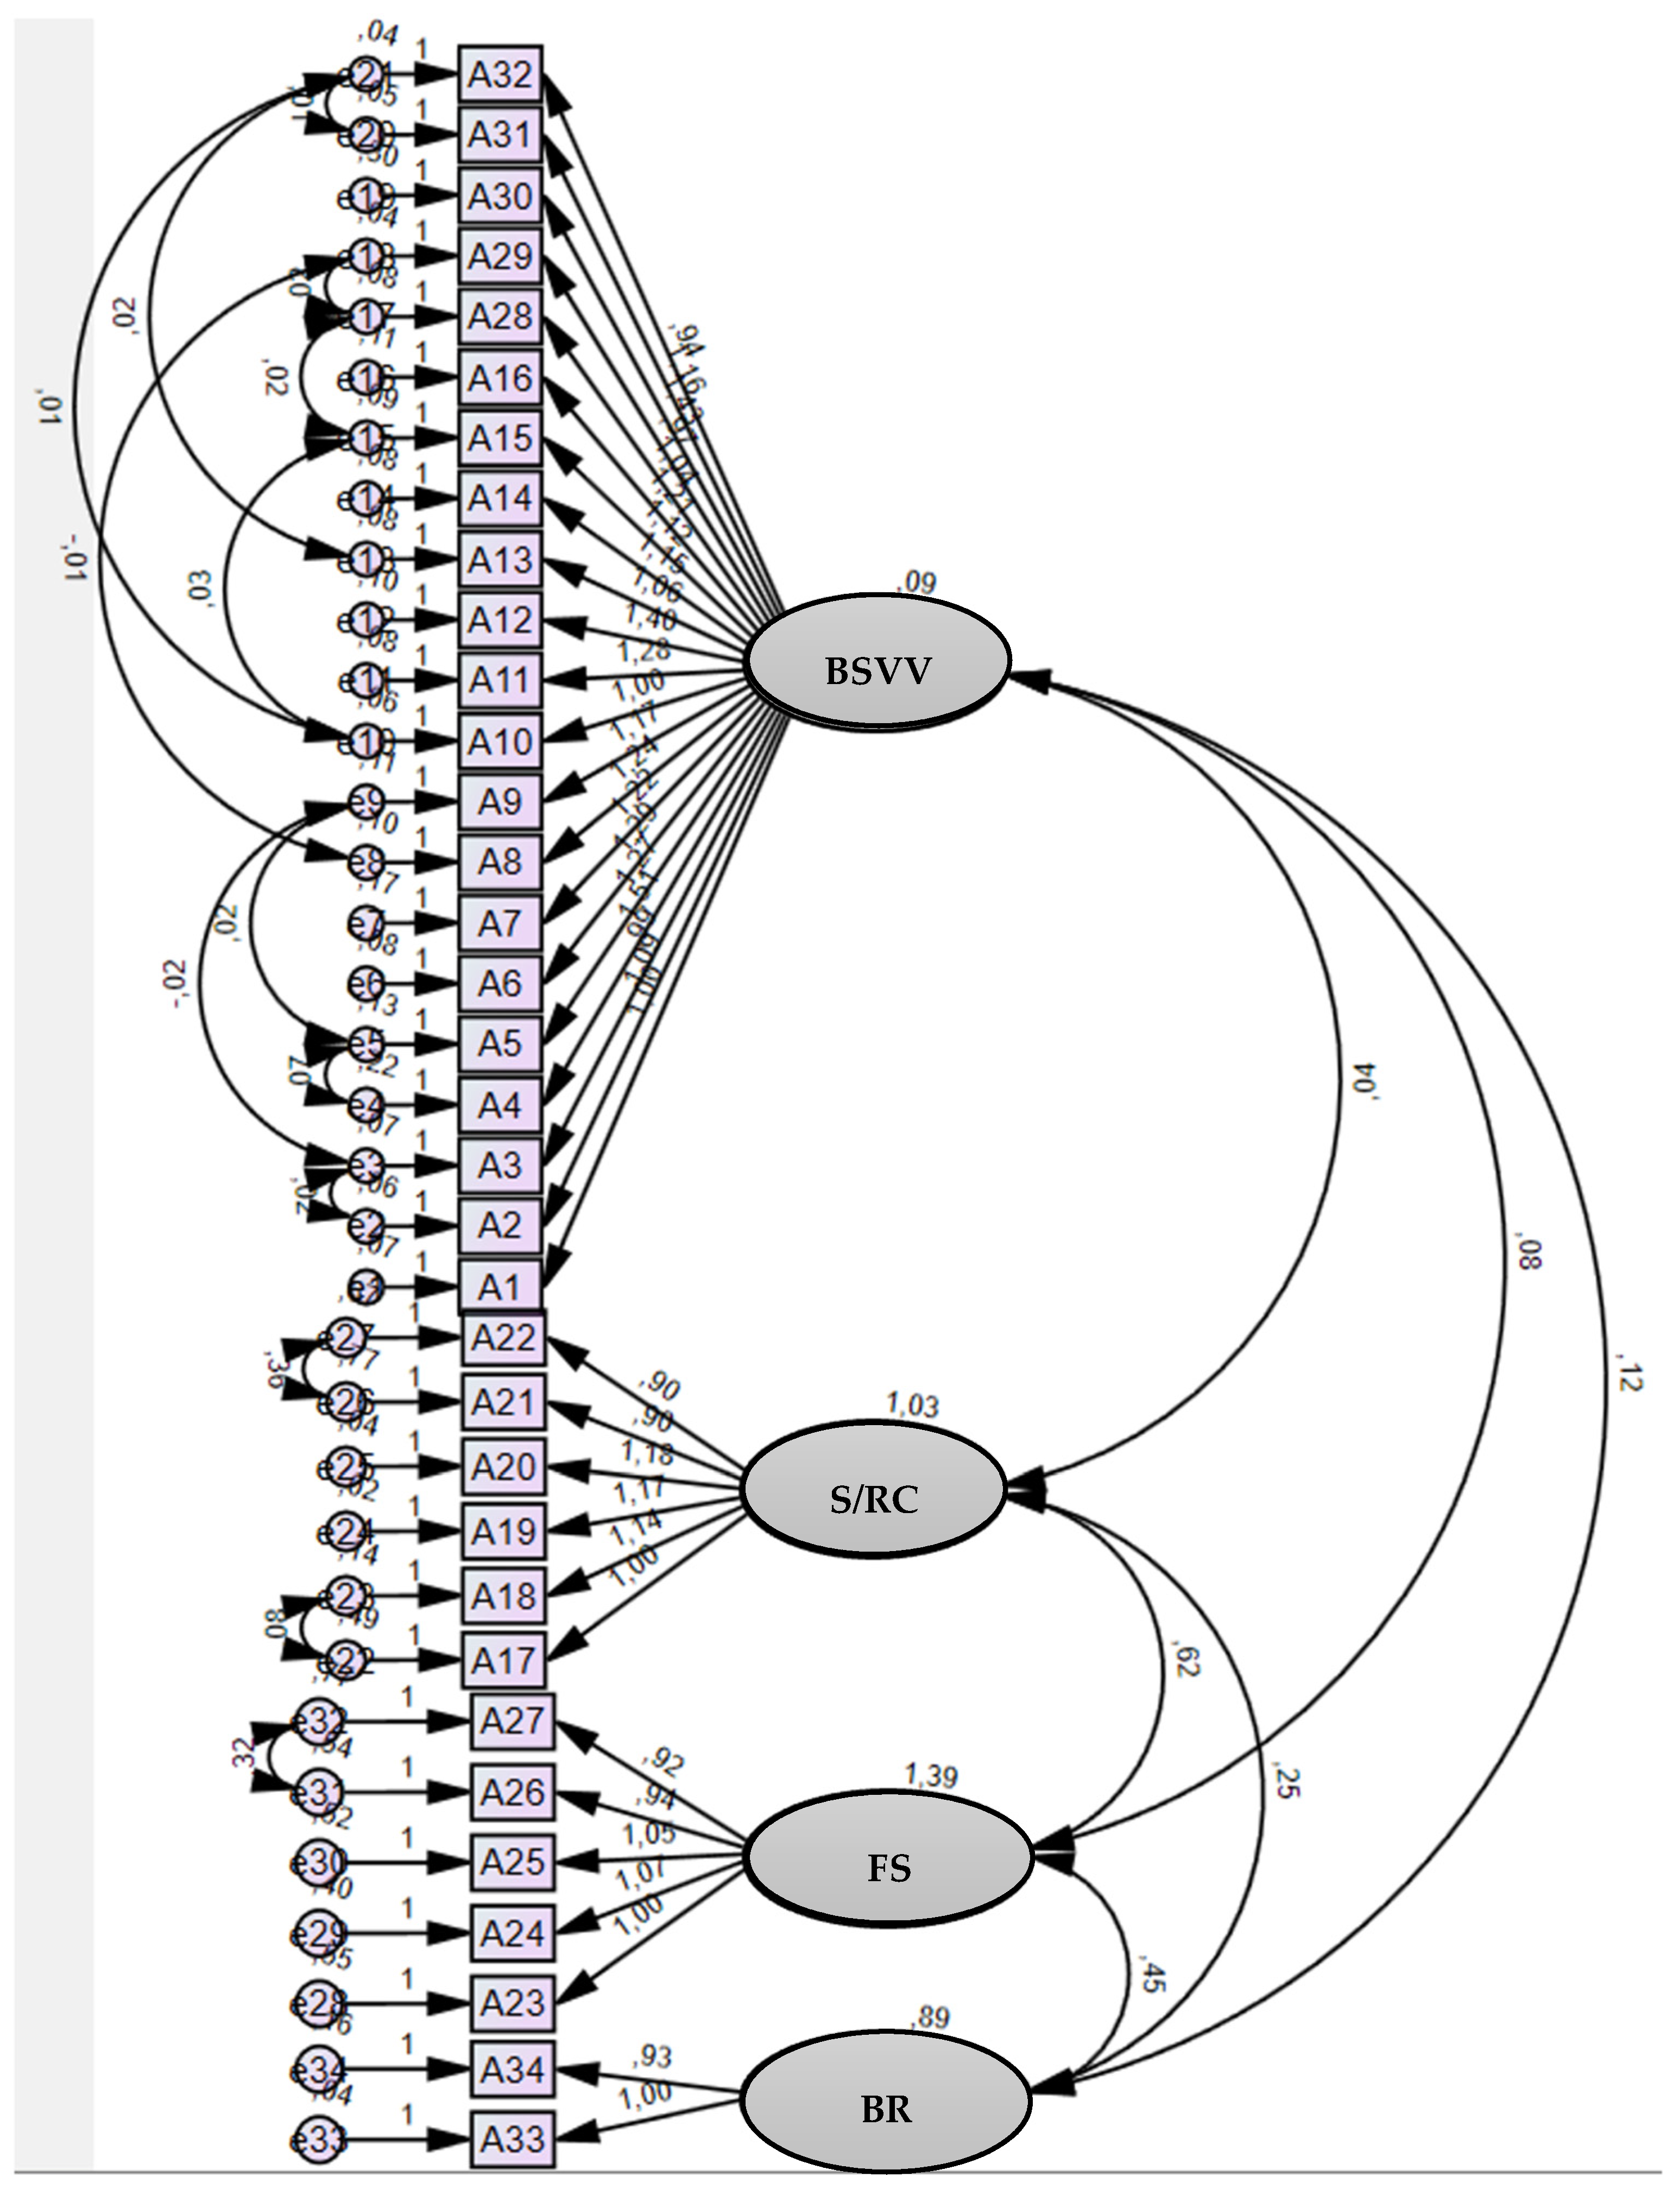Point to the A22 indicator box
point(504,1338)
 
